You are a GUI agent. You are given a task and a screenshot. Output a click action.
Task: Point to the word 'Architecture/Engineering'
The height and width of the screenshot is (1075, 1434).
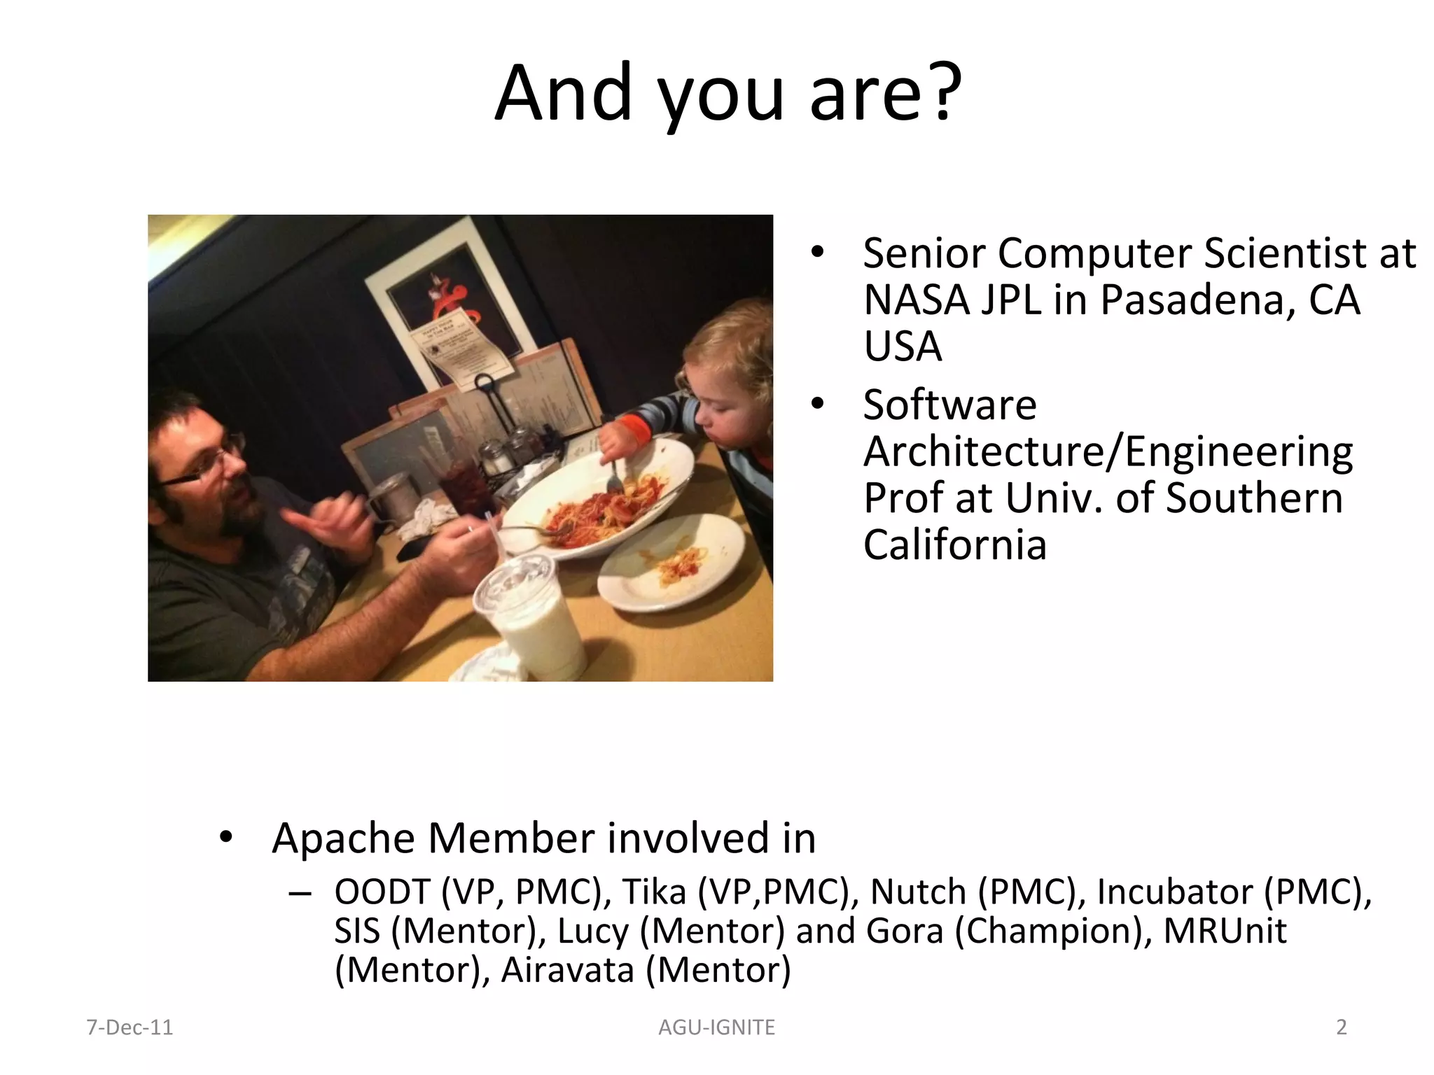coord(1108,451)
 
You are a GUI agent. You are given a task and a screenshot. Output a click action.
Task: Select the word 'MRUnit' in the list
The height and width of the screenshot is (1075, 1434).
coord(1225,931)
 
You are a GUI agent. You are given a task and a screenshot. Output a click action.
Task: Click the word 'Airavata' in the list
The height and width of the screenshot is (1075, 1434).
coord(567,970)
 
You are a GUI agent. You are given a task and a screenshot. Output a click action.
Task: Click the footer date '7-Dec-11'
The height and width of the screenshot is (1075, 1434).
coord(129,1027)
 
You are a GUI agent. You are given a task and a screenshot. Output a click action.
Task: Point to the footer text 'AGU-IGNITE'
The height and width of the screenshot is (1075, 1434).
coord(716,1027)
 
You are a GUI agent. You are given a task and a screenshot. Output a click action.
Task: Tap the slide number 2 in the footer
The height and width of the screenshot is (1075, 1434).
coord(1342,1027)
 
